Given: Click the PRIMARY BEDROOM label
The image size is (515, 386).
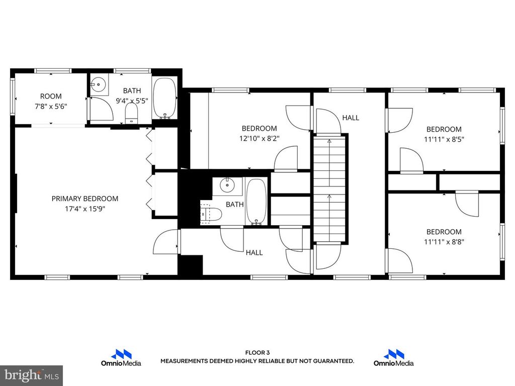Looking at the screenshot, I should (x=85, y=199).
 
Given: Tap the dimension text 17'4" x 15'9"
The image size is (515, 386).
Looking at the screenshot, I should (x=85, y=209).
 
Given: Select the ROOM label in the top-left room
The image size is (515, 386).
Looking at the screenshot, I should (x=51, y=96).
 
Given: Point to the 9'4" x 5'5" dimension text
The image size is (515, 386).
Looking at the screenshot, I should (x=132, y=100).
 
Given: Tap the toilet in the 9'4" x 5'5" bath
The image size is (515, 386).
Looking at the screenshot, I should (x=131, y=113).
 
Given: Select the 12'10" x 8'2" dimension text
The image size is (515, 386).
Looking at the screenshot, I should (x=259, y=138).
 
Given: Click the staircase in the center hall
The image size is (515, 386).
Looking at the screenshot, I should (x=330, y=188).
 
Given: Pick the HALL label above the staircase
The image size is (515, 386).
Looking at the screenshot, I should (x=351, y=118).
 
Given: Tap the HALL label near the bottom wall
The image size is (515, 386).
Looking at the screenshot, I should (x=254, y=253).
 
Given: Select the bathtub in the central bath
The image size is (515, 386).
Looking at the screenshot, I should (x=256, y=202).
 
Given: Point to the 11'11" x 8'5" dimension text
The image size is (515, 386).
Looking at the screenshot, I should (x=444, y=139).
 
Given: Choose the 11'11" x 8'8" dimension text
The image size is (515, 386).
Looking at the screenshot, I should (x=444, y=241).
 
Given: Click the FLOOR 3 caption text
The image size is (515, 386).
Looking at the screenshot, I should (x=257, y=353).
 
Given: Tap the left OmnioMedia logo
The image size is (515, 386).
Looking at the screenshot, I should (x=121, y=358).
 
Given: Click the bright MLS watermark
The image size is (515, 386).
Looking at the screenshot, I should (x=31, y=375).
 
